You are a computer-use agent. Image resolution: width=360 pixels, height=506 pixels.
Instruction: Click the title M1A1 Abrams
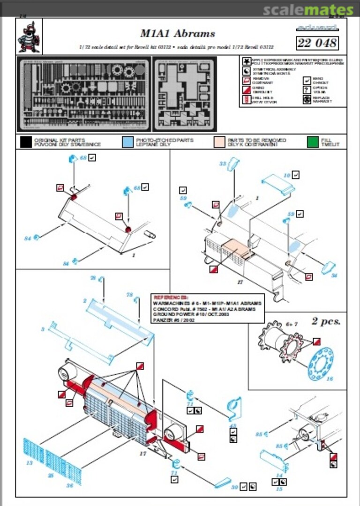click(178, 33)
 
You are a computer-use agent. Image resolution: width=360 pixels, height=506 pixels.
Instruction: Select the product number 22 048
click(317, 43)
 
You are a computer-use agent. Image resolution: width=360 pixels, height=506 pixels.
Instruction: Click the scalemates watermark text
click(308, 10)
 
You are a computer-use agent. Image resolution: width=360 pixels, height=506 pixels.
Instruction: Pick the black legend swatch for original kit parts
click(26, 142)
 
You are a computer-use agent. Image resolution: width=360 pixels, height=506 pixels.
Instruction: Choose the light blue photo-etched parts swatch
click(127, 142)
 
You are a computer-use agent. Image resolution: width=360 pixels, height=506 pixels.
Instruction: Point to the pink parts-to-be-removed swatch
click(219, 142)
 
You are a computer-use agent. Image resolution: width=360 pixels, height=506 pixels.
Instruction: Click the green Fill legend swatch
click(313, 142)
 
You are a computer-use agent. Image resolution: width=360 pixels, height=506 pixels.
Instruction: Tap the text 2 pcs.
click(326, 321)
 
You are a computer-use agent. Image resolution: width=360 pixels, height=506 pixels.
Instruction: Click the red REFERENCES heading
click(171, 298)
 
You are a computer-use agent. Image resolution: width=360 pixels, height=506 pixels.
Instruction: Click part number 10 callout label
click(287, 175)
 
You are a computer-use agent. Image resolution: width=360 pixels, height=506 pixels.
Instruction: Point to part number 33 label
click(223, 163)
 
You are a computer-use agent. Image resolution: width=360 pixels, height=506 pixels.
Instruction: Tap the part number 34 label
click(334, 275)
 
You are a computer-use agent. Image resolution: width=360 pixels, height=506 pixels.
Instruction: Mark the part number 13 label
click(29, 463)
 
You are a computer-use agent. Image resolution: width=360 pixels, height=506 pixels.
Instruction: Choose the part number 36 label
click(69, 485)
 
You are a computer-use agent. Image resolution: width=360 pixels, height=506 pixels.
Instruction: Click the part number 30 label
click(234, 487)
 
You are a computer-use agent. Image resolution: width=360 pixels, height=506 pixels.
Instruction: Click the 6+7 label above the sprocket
click(292, 324)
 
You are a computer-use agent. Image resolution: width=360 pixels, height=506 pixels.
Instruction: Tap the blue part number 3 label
click(43, 329)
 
